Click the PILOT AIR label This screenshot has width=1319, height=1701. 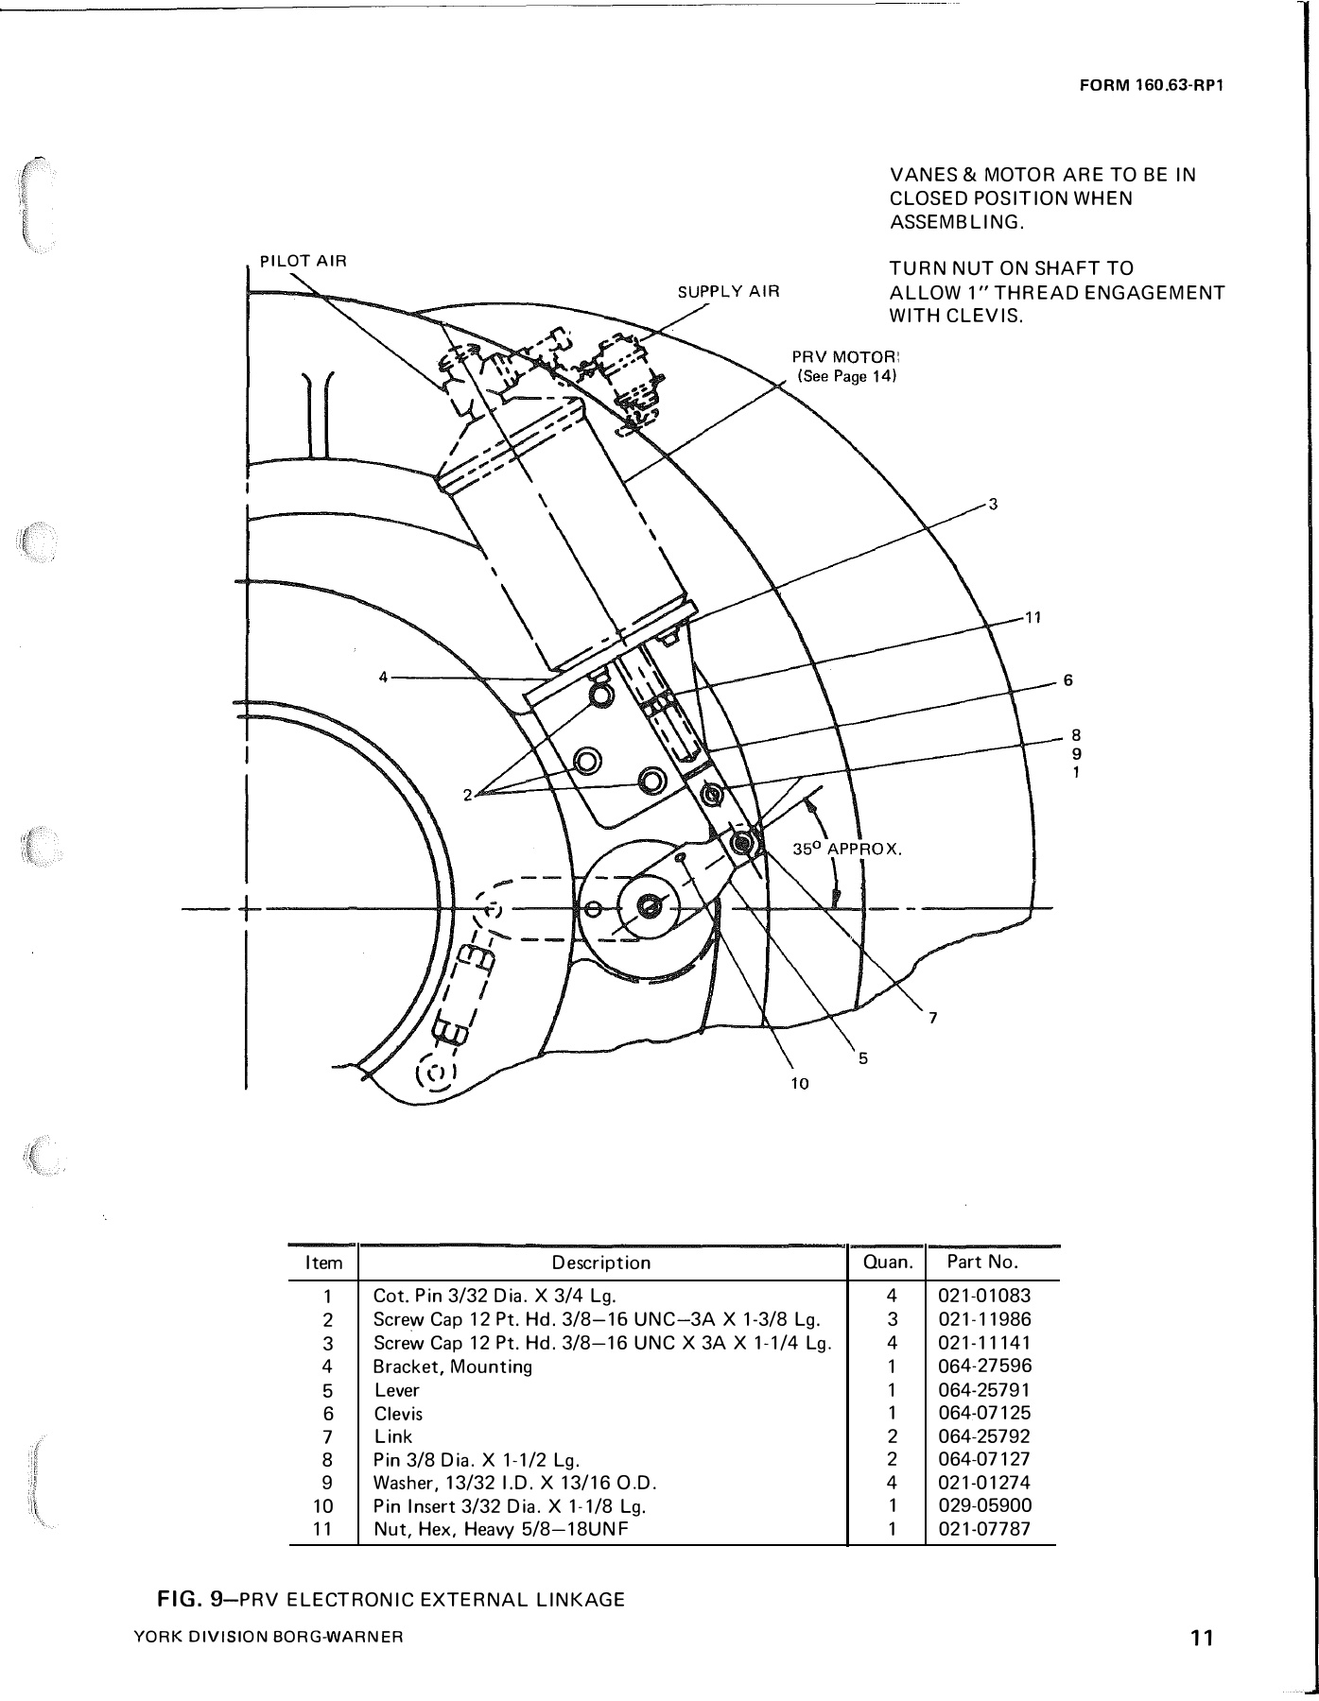point(304,261)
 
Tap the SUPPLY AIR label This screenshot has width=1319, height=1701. point(728,292)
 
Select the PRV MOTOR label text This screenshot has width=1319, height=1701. point(844,358)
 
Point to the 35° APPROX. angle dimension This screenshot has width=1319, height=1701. point(847,850)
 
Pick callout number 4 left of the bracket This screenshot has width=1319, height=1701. point(383,677)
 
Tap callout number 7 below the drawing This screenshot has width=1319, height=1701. point(932,1018)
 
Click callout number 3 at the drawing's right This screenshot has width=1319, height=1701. point(993,504)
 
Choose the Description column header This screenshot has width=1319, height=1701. point(601,1263)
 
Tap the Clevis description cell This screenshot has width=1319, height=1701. point(398,1414)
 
